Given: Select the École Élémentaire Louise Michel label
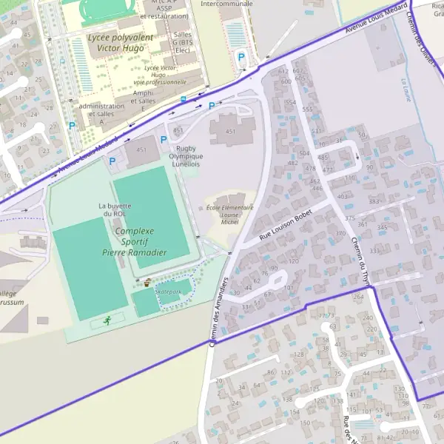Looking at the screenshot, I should [x=229, y=214].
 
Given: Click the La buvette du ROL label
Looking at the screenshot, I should [x=115, y=209].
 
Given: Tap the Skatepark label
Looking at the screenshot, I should [x=168, y=292].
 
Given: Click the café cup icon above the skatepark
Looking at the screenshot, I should [x=148, y=282].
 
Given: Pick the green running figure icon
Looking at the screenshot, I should [x=107, y=320].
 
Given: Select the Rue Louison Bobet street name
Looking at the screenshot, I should [x=281, y=226].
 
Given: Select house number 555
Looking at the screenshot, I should [x=307, y=109].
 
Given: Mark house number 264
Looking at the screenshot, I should [x=358, y=297].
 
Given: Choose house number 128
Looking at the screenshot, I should [x=300, y=354].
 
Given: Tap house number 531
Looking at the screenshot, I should [x=316, y=130].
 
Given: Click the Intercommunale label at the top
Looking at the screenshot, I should [x=226, y=4].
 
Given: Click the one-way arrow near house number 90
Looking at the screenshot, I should [x=357, y=155].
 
